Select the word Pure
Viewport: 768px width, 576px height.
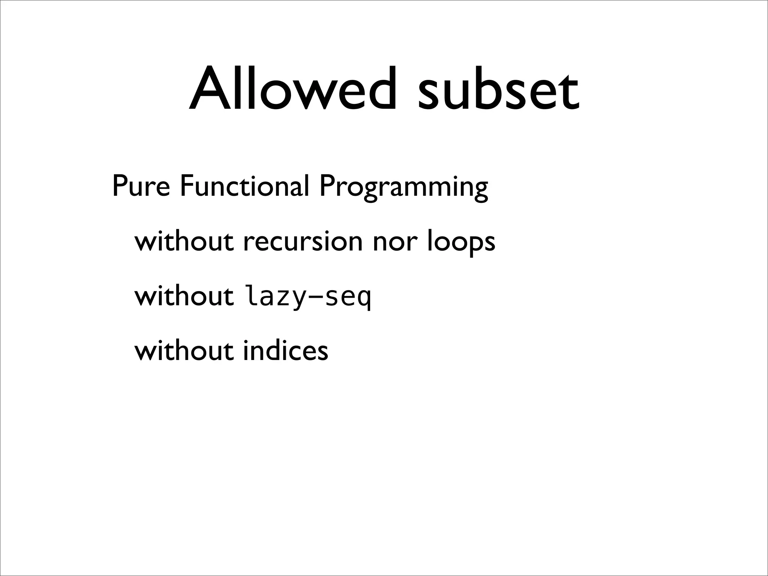(141, 186)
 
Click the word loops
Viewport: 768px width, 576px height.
(461, 242)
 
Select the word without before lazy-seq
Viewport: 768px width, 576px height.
(184, 296)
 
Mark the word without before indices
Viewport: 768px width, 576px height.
(184, 351)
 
